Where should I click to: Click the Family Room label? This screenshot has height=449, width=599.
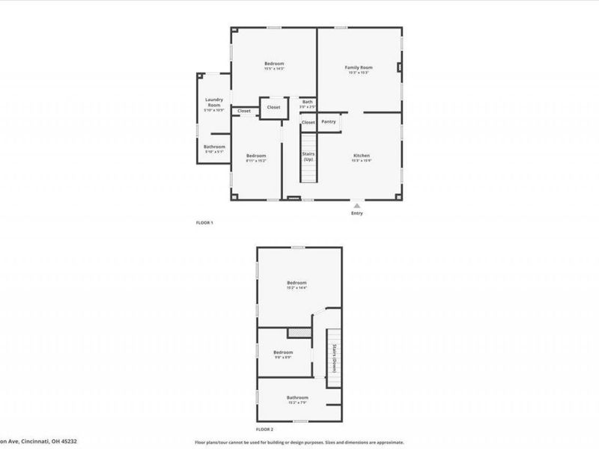pos(359,67)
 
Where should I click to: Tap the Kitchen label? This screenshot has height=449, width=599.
pos(362,156)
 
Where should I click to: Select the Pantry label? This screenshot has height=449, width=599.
pos(329,121)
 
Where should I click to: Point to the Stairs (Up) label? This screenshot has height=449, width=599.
pos(308,156)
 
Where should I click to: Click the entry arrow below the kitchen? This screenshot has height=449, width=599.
pos(357,204)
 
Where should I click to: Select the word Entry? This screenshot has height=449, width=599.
pos(357,213)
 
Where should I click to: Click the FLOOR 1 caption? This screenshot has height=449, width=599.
pos(205,223)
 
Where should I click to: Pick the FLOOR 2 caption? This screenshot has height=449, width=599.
pos(265,430)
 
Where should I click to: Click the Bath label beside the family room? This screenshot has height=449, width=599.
pos(308,102)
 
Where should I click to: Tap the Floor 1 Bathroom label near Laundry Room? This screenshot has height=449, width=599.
pos(214,147)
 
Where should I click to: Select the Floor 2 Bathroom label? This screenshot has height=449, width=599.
pos(297,397)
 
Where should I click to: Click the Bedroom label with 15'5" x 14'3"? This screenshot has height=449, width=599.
pos(274,64)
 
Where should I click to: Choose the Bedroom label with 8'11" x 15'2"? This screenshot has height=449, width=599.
pos(256,156)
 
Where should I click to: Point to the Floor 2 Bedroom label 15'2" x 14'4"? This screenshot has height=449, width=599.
pos(297,283)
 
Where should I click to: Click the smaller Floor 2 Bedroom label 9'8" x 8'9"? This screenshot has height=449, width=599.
pos(282,352)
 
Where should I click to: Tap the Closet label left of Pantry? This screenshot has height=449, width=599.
pos(308,122)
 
